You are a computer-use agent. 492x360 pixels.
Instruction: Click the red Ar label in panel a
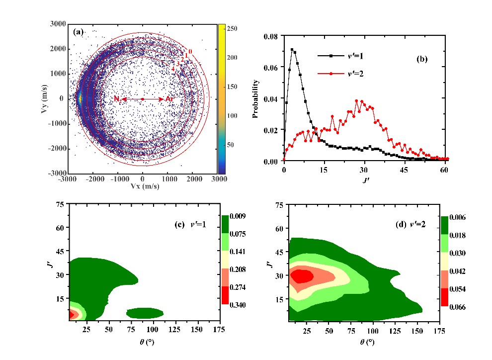(x=170, y=99)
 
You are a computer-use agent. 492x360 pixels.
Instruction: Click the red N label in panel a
(x=116, y=99)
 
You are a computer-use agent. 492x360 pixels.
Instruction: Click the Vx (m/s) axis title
(x=143, y=187)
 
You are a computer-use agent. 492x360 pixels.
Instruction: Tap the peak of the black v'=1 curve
(x=292, y=50)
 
